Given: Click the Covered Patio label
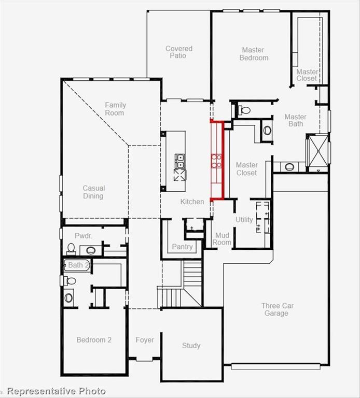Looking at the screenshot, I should pos(179,52).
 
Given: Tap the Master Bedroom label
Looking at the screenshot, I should pos(254,54).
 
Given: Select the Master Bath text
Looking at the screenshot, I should pos(296,120).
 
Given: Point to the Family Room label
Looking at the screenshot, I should pos(115,109).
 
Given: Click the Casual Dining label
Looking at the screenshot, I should pos(93,192).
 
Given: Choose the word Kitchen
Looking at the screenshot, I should pos(192,202).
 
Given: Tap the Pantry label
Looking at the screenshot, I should pos(182,247).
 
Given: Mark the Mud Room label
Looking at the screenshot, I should pos(223,239).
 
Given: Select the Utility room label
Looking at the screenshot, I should pos(244,220).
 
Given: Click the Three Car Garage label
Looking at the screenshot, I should pos(277,309).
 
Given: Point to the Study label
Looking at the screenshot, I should pos(191,346).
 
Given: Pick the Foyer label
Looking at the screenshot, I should pos(145,340).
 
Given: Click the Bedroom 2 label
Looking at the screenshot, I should pos(94,340).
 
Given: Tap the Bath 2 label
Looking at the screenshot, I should pos(79,265).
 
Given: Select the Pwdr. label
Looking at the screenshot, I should pos(83,235).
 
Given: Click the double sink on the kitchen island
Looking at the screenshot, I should pos(179,162).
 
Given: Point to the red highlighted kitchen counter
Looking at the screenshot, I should pos(217,160).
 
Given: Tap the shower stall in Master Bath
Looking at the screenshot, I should pos(316,152).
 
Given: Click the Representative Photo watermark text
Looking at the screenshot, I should pos(56,391).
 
